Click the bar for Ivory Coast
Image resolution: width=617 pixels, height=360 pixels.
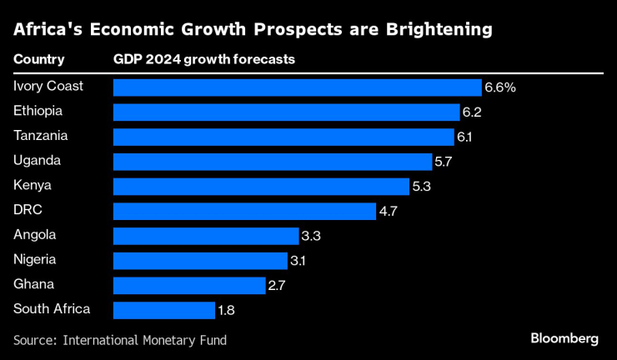pos(297,87)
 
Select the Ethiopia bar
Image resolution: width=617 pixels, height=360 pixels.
pos(286,112)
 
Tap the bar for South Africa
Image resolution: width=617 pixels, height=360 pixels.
pos(163,311)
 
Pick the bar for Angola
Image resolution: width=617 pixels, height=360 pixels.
pos(205,236)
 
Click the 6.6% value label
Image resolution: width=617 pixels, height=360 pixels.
pos(500,87)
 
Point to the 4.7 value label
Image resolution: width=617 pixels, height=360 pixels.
pos(389,212)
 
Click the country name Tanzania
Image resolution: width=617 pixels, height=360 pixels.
pos(41,135)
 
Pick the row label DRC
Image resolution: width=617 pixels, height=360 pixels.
pos(28,210)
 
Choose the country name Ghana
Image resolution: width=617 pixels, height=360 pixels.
pos(33,284)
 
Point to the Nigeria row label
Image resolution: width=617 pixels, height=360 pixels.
pos(36,259)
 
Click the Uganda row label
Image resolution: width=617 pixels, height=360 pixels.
pos(37,160)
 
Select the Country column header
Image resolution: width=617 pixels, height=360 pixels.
pos(39,60)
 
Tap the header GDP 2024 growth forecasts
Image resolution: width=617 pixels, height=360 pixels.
pos(203,60)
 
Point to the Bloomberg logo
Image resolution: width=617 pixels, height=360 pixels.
pos(564,338)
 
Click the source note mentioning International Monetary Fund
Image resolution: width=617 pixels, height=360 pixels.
pos(120,340)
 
